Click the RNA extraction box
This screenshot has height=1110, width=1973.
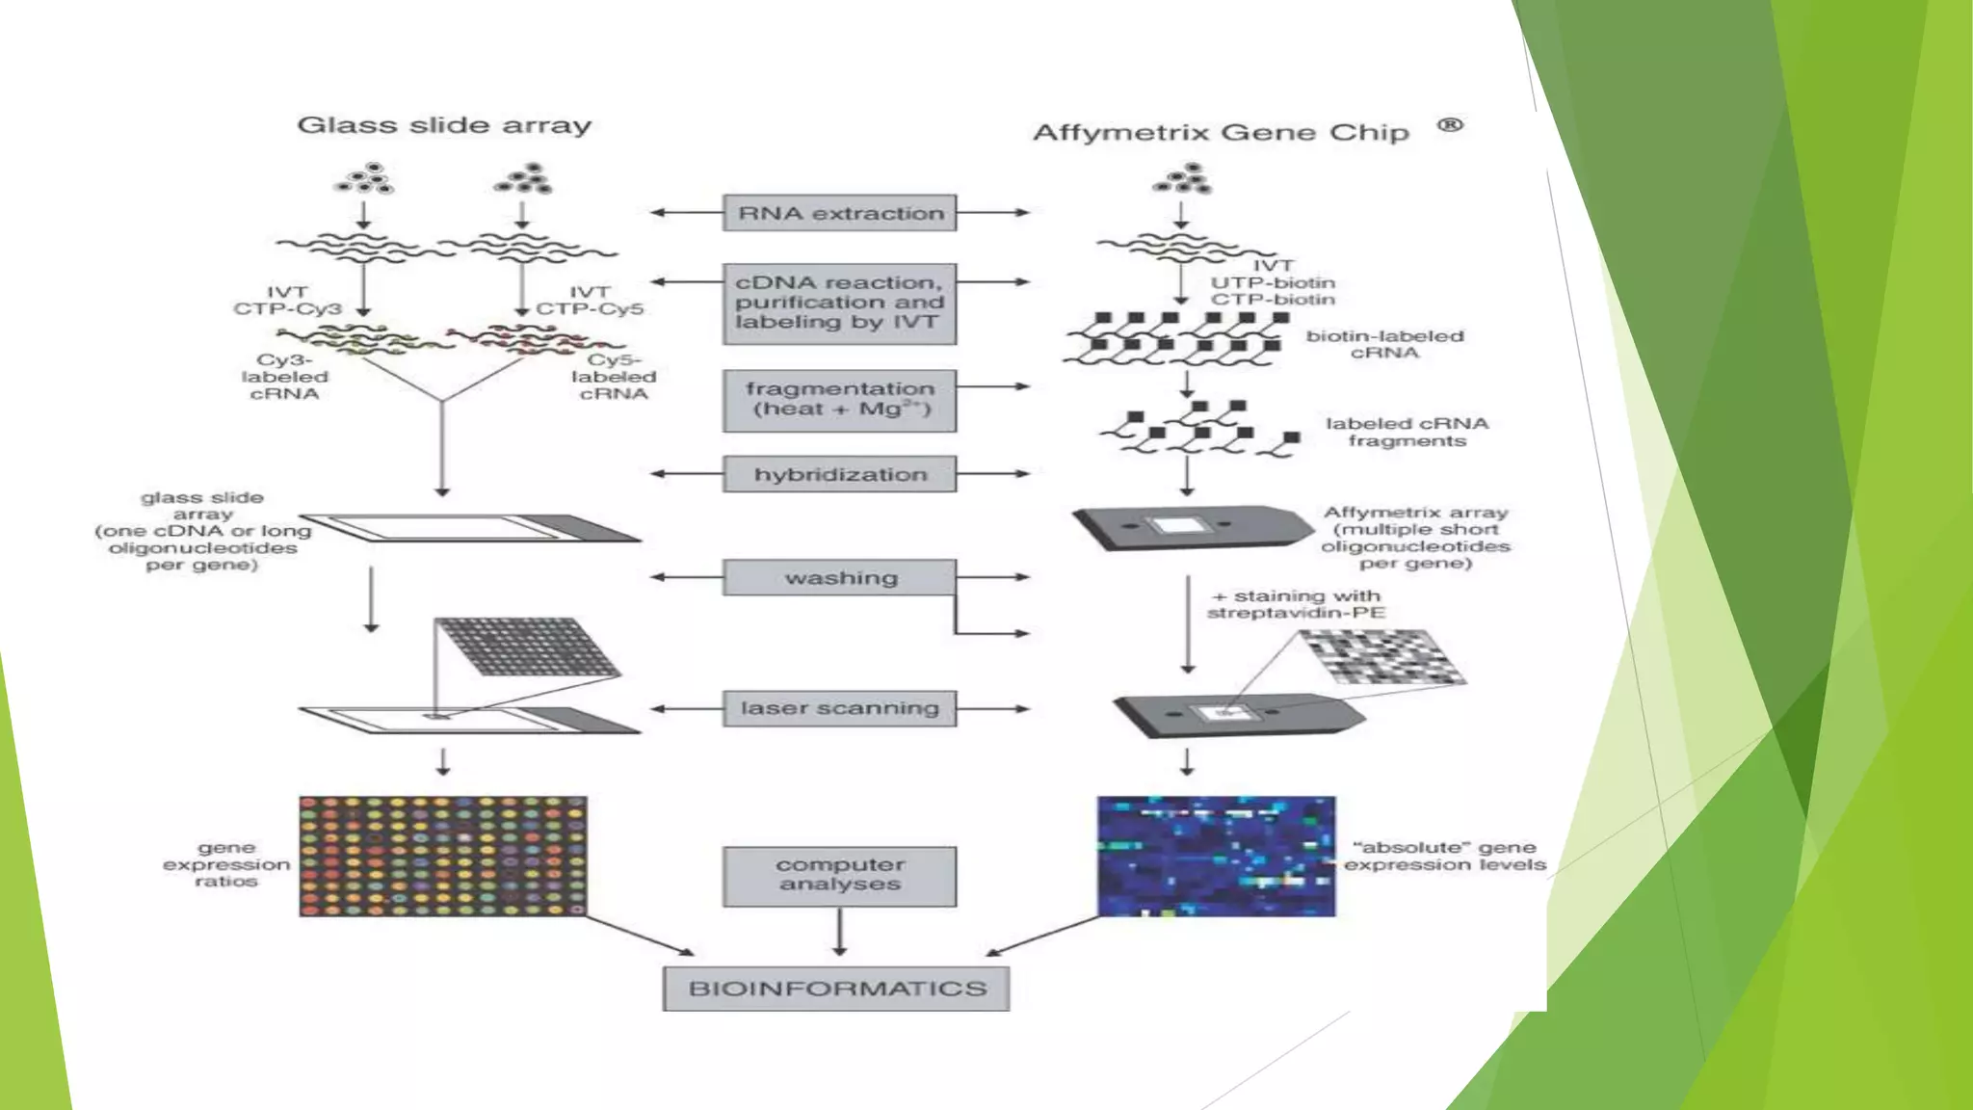pyautogui.click(x=839, y=213)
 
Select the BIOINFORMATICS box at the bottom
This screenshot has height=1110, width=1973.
pyautogui.click(x=836, y=989)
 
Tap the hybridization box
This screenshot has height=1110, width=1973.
pyautogui.click(x=839, y=474)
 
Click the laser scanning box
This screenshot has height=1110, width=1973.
pyautogui.click(x=839, y=708)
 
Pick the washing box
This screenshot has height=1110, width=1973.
pyautogui.click(x=839, y=577)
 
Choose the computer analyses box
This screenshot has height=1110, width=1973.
pyautogui.click(x=839, y=875)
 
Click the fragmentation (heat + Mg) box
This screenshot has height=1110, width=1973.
pyautogui.click(x=839, y=399)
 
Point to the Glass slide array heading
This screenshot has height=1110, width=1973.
pyautogui.click(x=444, y=125)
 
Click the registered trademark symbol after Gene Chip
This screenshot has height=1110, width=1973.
pyautogui.click(x=1450, y=125)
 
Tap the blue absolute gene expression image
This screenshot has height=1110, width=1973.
pyautogui.click(x=1216, y=856)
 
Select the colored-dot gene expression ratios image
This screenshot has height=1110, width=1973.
pyautogui.click(x=442, y=856)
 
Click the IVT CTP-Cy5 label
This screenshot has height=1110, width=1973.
pyautogui.click(x=589, y=301)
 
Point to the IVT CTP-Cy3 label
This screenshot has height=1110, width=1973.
pyautogui.click(x=287, y=301)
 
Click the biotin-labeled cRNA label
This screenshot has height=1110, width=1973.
pyautogui.click(x=1384, y=344)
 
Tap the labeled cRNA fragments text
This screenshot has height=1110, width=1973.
pyautogui.click(x=1407, y=432)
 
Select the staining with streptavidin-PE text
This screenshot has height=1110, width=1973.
pyautogui.click(x=1297, y=604)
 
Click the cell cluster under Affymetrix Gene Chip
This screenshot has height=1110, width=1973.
pyautogui.click(x=1184, y=179)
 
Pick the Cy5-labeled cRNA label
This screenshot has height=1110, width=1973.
pyautogui.click(x=614, y=377)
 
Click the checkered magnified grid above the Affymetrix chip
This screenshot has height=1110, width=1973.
pyautogui.click(x=1383, y=657)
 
